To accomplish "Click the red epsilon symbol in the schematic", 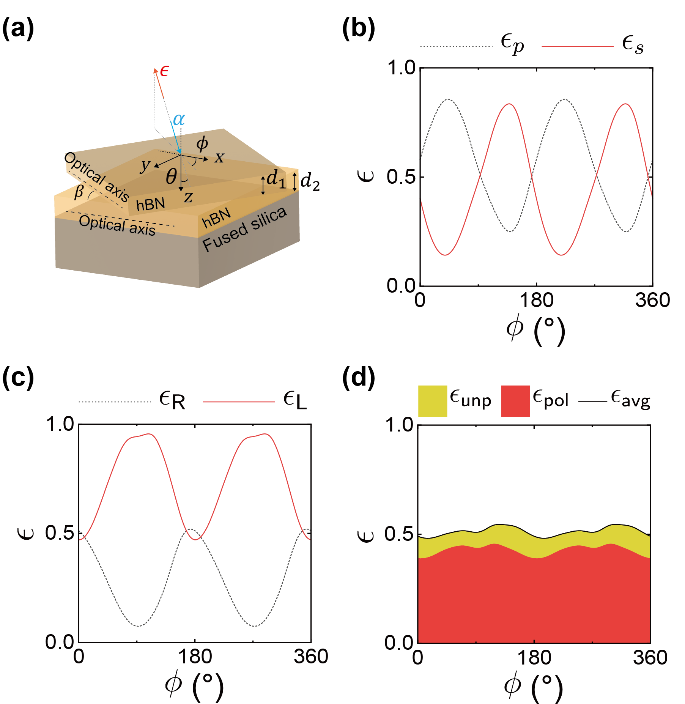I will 164,71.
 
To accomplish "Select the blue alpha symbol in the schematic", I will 178,120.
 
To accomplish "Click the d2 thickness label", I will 310,181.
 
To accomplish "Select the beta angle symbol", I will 79,192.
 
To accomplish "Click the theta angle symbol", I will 171,177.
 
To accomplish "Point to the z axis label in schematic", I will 188,197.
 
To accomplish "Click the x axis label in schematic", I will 219,157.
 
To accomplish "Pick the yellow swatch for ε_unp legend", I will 432,401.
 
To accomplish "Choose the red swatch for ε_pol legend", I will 515,401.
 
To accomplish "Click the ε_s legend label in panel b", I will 633,45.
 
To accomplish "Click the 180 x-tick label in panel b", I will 536,301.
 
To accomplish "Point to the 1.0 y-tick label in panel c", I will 60,424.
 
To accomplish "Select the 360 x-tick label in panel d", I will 650,658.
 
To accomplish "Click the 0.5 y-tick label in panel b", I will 401,177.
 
